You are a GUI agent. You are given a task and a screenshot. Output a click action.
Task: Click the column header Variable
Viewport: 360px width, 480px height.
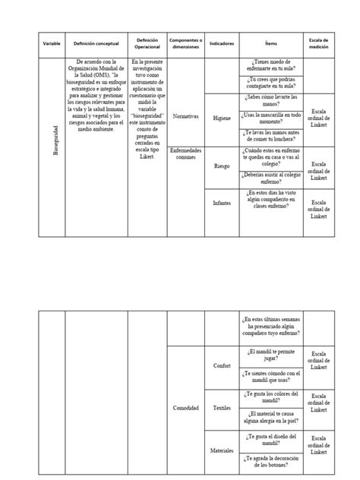[x=51, y=44]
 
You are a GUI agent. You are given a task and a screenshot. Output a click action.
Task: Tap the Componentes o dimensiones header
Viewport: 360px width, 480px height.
[x=185, y=44]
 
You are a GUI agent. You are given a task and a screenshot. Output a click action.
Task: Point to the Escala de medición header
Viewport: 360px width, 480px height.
[x=318, y=44]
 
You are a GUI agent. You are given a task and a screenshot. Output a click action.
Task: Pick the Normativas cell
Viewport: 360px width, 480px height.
[x=185, y=117]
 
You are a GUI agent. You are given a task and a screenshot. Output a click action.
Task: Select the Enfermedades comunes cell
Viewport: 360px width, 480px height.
[x=185, y=153]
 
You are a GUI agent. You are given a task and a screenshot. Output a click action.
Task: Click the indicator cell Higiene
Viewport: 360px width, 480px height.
[x=222, y=118]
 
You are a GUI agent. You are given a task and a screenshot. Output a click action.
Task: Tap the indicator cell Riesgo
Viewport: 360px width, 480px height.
[x=222, y=166]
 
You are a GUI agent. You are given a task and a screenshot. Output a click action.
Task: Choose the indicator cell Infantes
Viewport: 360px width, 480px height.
[x=222, y=204]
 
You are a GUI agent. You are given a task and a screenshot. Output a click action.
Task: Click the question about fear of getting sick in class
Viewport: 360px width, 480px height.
[x=272, y=66]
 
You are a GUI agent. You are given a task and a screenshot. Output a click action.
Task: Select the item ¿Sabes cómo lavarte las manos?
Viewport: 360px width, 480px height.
[x=272, y=100]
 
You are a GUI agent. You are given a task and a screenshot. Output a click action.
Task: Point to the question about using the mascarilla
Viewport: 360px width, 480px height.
[x=272, y=118]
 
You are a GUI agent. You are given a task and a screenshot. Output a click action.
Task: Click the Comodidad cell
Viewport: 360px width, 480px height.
[x=185, y=408]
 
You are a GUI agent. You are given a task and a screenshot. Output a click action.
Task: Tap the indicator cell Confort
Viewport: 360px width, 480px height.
[x=222, y=365]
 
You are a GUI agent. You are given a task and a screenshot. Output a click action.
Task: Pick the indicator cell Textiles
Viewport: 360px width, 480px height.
[x=222, y=408]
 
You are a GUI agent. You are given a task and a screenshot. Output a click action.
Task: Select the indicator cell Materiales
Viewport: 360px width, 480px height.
[x=222, y=450]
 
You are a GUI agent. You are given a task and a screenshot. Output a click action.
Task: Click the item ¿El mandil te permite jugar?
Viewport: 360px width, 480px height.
[x=272, y=355]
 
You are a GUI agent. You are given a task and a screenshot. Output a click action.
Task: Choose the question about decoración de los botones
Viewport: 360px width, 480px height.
[x=272, y=461]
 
